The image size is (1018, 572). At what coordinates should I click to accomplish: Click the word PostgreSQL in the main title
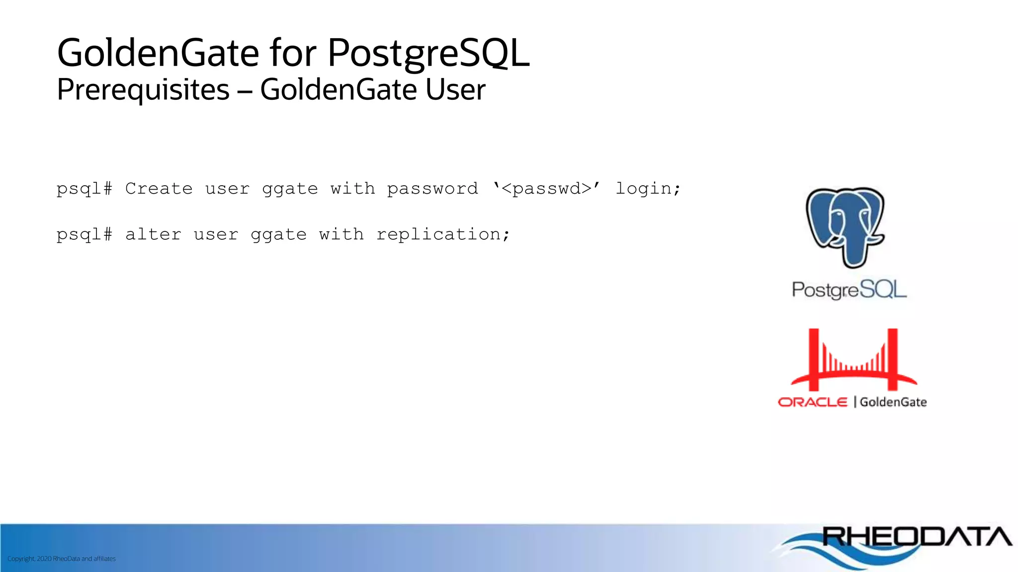click(428, 53)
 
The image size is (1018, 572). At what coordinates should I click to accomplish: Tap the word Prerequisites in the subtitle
click(143, 90)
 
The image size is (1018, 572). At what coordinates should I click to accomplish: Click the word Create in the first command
click(159, 189)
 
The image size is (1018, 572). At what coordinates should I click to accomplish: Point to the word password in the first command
click(432, 189)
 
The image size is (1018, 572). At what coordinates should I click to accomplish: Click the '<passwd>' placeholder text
click(547, 189)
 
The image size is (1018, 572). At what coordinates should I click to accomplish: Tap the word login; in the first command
click(648, 189)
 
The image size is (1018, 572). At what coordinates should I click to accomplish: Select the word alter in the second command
click(153, 234)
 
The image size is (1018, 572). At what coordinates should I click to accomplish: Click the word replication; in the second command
click(443, 234)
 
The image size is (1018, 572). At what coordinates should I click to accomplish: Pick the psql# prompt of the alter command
click(85, 234)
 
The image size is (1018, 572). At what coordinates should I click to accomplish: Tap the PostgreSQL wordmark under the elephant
click(849, 289)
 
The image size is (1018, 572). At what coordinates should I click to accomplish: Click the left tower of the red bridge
click(814, 359)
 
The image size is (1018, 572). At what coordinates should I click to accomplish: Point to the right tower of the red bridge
click(892, 359)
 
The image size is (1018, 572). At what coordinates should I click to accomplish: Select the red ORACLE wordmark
click(812, 402)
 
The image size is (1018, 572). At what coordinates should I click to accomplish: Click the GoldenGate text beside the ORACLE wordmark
click(893, 402)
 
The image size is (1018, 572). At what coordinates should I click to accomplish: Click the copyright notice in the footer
click(62, 559)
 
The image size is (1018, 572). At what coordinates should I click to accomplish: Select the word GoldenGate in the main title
click(158, 53)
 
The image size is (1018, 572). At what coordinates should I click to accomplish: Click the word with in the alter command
click(341, 234)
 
